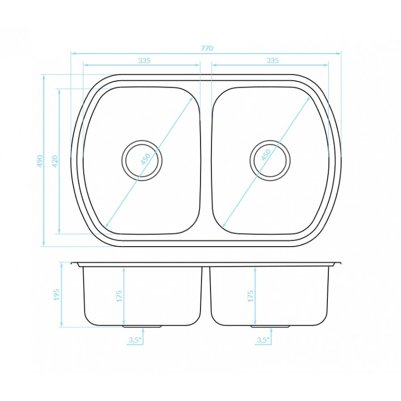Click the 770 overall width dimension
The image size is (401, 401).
tap(207, 48)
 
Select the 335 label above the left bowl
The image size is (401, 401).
tap(144, 61)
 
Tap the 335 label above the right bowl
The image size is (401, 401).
tap(272, 61)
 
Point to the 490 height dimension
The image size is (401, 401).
tap(40, 161)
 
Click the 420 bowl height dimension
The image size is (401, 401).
tap(55, 161)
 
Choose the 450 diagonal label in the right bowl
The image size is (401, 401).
tap(266, 155)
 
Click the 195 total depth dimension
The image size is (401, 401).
tap(56, 295)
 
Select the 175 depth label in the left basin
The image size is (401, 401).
tap(119, 296)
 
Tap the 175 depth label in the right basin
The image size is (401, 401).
tap(250, 296)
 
